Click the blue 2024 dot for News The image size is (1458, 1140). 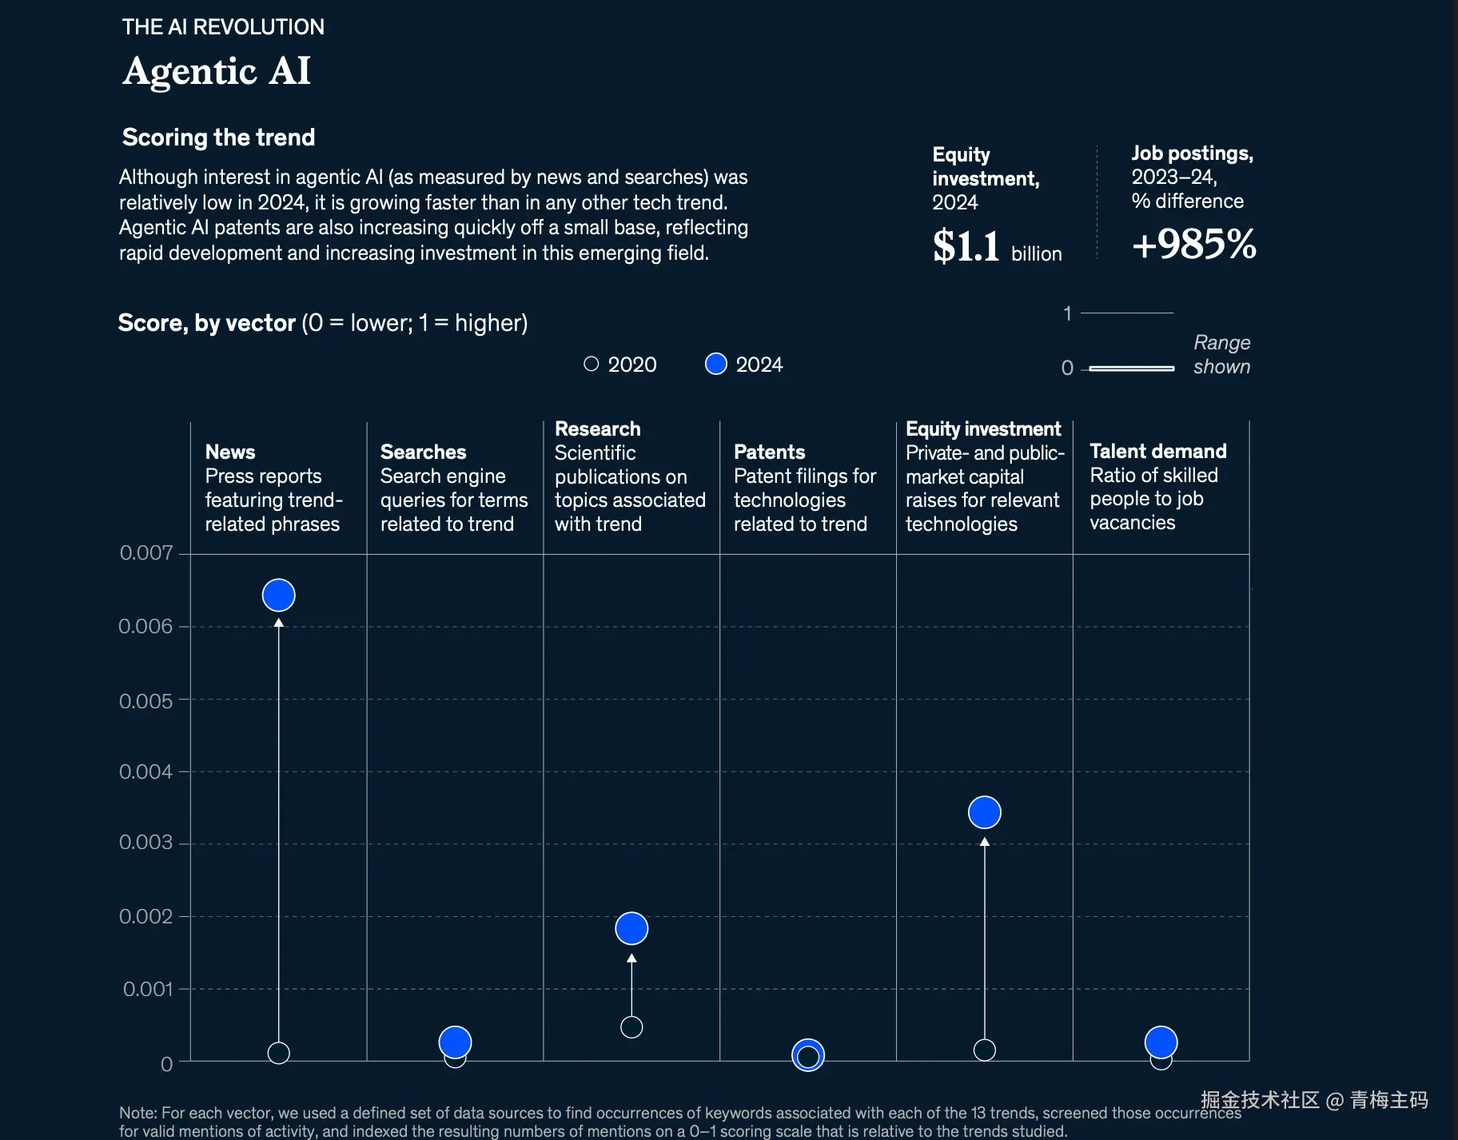pos(278,595)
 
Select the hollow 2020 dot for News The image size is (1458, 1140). pos(278,1053)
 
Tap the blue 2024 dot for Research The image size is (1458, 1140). pos(631,928)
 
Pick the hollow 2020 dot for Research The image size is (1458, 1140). pos(631,1027)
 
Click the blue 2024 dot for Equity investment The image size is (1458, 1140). pos(984,812)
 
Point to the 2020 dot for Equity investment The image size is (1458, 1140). pos(984,1050)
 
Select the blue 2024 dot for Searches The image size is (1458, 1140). pos(455,1042)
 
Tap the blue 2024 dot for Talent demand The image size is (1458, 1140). pos(1161,1042)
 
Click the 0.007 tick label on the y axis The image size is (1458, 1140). pos(145,552)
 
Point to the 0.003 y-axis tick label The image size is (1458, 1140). pos(145,843)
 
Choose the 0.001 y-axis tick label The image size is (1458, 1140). pos(147,989)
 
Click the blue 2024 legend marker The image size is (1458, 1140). pos(716,364)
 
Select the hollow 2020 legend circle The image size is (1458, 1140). pos(592,364)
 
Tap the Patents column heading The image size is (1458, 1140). pos(769,452)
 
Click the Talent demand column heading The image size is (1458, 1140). pos(1157,451)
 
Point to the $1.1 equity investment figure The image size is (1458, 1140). pos(966,245)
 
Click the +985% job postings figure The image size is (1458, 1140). pos(1193,244)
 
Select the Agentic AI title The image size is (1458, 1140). pos(216,71)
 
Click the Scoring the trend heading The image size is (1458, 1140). pos(218,138)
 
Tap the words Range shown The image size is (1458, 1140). pos(1221,354)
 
